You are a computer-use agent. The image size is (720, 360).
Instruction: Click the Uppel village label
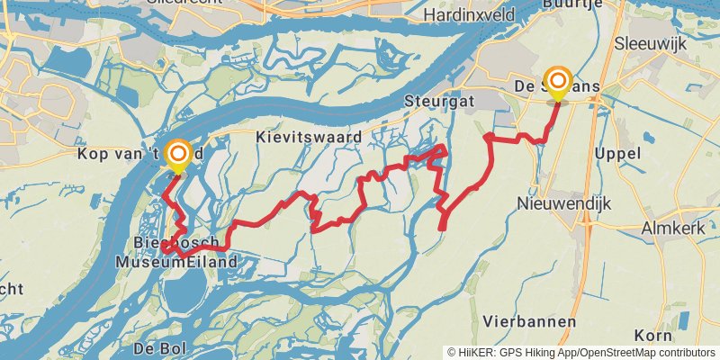coord(617,154)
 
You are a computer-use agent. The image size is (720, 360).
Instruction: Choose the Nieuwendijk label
coord(563,204)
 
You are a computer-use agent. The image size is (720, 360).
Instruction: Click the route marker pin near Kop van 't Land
coord(178,155)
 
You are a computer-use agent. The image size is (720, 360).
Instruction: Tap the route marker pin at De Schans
coord(558,82)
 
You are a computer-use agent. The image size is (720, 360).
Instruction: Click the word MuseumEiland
coord(176,262)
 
